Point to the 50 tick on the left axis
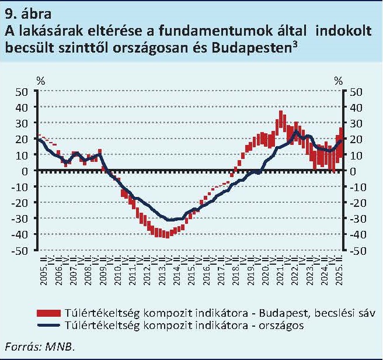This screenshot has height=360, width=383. coord(22,92)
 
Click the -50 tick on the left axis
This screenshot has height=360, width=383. coord(20,250)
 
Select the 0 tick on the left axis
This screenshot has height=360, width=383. coord(26,171)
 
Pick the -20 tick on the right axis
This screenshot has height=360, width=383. coord(358,203)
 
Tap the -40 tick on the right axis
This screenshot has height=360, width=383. coord(358,234)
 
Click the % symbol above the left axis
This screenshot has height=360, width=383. coord(40,81)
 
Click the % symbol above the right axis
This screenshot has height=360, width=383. coord(339,81)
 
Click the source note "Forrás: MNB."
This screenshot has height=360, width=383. coord(41,346)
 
